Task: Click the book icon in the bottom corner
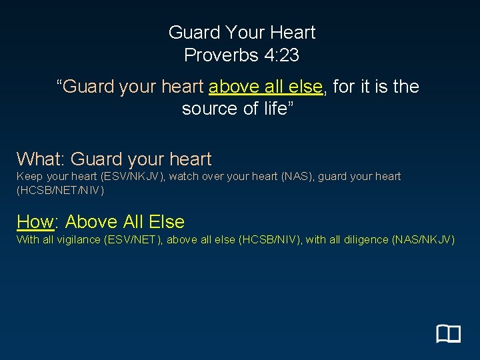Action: click(x=449, y=333)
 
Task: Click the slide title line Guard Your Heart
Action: click(x=241, y=32)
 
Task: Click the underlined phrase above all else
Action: click(x=266, y=87)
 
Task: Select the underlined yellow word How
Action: click(x=35, y=222)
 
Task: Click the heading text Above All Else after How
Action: click(x=125, y=222)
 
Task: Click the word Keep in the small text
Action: click(x=29, y=177)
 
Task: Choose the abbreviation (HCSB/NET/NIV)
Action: click(x=60, y=190)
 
